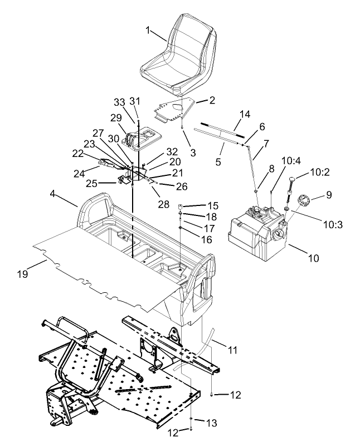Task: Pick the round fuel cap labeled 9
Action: (304, 199)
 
